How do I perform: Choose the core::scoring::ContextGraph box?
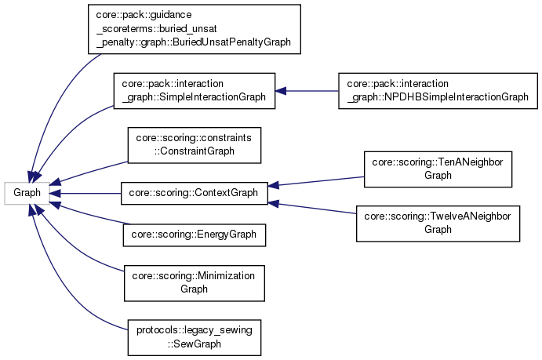(194, 191)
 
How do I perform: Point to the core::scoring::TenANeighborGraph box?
(438, 168)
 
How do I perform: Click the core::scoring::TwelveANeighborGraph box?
(438, 223)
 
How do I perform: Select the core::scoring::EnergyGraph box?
(194, 233)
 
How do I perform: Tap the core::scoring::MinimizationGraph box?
(194, 282)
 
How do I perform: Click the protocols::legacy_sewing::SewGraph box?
(194, 337)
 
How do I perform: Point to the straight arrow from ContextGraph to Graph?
(86, 191)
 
